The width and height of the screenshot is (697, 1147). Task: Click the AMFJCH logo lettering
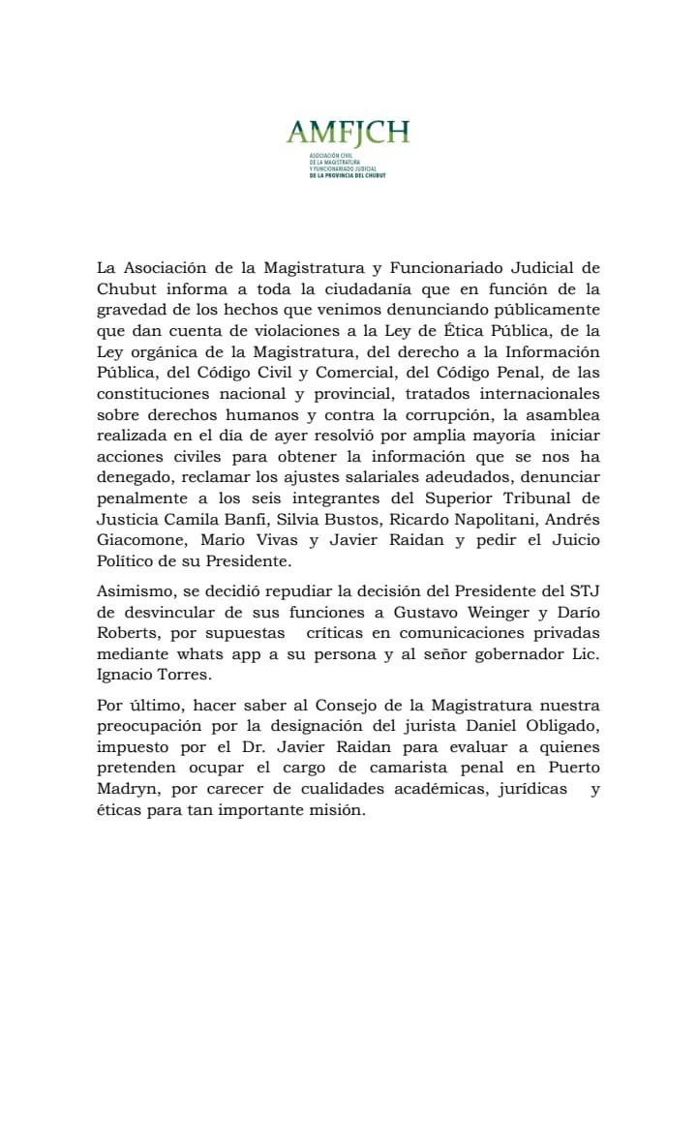point(348,133)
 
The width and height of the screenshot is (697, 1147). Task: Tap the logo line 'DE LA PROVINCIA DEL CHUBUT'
point(348,175)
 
